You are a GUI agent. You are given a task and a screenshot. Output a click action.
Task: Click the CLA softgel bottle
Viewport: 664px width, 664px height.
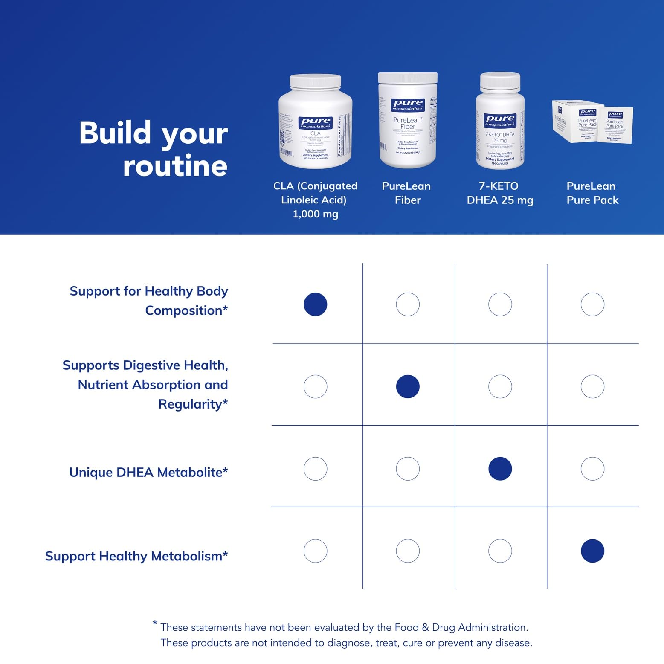pyautogui.click(x=316, y=124)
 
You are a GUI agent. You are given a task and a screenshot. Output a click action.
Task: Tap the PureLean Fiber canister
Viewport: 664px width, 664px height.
pyautogui.click(x=408, y=122)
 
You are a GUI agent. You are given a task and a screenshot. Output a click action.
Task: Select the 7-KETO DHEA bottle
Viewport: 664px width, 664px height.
pyautogui.click(x=500, y=124)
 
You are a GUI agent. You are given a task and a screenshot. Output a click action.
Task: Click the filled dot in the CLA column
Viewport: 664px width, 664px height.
pyautogui.click(x=316, y=304)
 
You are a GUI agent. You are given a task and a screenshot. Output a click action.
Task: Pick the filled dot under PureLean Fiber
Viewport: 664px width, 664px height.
pyautogui.click(x=408, y=386)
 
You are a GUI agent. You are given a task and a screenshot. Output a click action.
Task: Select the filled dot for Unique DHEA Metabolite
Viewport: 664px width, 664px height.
pyautogui.click(x=500, y=469)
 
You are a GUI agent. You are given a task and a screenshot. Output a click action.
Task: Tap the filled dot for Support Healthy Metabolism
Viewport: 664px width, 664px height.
pyautogui.click(x=592, y=551)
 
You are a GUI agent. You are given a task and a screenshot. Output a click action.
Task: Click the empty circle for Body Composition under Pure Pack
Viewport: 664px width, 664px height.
pyautogui.click(x=592, y=304)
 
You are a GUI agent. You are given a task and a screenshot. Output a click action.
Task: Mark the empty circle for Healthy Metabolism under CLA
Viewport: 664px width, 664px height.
pyautogui.click(x=316, y=551)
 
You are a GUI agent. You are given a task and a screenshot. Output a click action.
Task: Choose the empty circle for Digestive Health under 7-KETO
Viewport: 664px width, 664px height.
pyautogui.click(x=500, y=386)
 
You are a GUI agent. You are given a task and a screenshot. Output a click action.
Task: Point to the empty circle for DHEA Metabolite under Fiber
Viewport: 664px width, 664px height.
pyautogui.click(x=408, y=469)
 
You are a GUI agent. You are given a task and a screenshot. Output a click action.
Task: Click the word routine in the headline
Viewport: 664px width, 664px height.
pyautogui.click(x=175, y=166)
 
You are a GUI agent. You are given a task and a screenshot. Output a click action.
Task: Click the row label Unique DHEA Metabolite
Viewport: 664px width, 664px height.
pyautogui.click(x=148, y=473)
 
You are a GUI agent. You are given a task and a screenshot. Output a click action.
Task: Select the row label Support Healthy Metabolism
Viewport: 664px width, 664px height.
pyautogui.click(x=136, y=556)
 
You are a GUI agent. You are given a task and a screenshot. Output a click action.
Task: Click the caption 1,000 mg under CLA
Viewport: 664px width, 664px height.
pyautogui.click(x=316, y=214)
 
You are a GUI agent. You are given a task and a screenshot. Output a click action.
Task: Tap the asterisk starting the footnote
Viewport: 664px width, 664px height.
pyautogui.click(x=155, y=623)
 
